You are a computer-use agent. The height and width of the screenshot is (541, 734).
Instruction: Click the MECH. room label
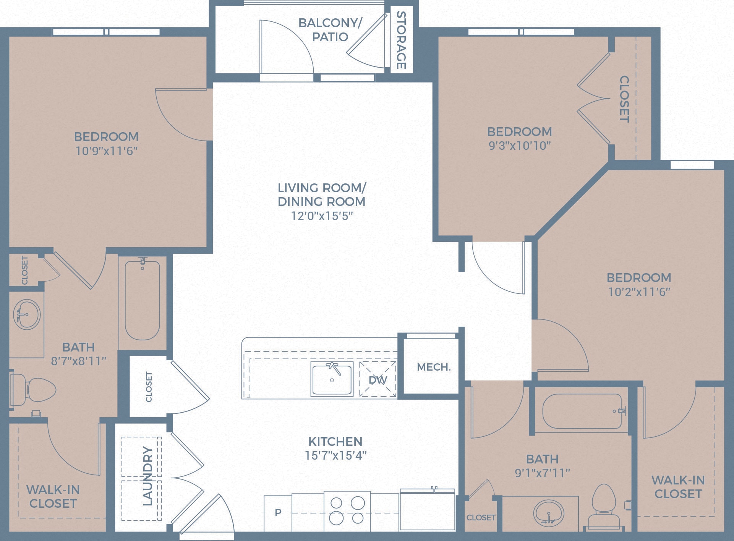point(434,367)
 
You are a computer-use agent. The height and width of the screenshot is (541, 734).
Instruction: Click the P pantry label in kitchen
point(278,512)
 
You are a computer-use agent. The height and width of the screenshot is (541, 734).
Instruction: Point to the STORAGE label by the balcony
point(401,40)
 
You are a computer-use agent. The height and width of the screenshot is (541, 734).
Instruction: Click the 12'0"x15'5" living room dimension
point(322,216)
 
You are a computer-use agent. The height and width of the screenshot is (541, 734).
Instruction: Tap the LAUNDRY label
point(147,476)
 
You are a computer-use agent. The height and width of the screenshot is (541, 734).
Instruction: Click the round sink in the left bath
point(27,314)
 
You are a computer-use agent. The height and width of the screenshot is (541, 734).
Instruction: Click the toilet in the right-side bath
point(604,506)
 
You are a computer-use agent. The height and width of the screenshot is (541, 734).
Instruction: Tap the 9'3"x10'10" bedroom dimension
point(520,146)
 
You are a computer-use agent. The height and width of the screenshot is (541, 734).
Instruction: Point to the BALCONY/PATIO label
point(330,30)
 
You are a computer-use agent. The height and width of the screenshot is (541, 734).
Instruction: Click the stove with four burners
point(347,510)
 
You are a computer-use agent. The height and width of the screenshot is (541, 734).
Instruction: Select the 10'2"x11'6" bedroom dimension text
point(639,292)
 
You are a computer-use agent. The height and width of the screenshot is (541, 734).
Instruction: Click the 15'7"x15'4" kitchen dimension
point(335,455)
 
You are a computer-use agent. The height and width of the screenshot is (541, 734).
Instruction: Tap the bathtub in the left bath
point(142,300)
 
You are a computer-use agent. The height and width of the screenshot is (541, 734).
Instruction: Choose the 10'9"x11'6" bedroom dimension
point(106,151)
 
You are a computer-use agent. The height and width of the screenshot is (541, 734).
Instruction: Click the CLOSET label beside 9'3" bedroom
point(624,99)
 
